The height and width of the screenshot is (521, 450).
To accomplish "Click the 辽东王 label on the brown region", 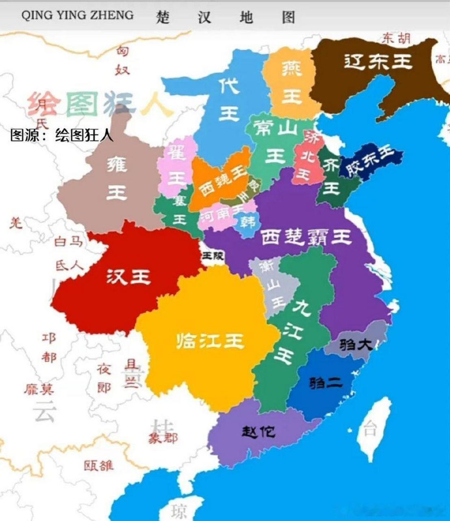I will pos(378,62).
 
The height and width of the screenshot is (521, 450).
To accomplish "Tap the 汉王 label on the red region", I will pos(128,277).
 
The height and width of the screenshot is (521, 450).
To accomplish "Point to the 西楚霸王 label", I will pos(305,237).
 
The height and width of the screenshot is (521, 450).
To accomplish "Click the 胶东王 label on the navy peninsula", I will pos(370,160).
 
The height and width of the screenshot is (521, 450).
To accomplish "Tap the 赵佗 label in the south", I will pos(259,431).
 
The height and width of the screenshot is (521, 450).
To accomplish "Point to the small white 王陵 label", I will pos(213,256).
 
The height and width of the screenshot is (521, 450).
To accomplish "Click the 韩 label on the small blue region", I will pos(248,222).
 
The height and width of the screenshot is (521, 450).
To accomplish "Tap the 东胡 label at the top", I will pos(396,38).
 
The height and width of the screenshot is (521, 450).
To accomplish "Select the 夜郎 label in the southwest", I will pos(104,379).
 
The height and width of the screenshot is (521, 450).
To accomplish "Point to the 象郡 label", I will pos(163,438).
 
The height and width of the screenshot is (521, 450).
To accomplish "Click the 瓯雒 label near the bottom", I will pos(99,465).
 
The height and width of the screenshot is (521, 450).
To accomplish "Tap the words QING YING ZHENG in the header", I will pos(77,15).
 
